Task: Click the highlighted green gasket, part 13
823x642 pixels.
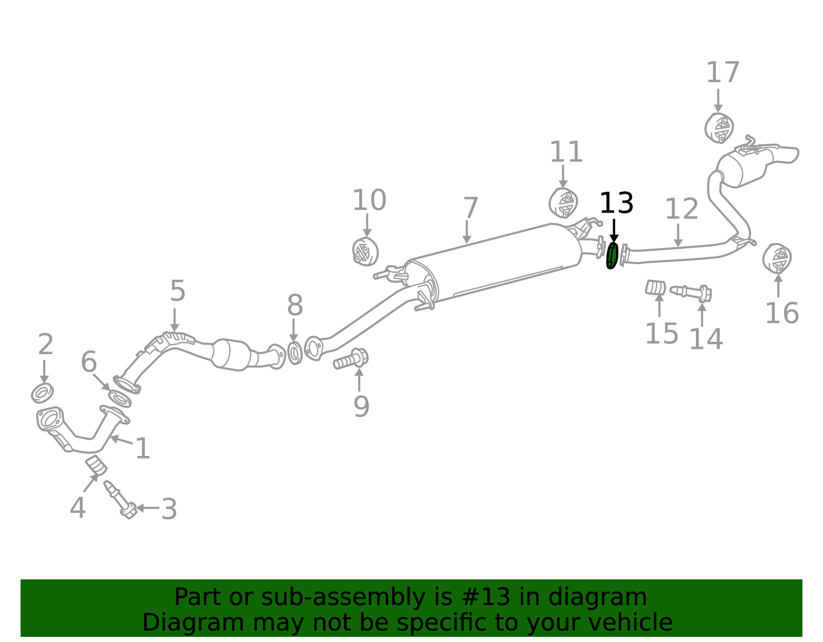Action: pyautogui.click(x=613, y=256)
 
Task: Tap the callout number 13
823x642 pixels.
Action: pyautogui.click(x=616, y=204)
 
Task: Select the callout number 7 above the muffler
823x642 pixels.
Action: pyautogui.click(x=470, y=208)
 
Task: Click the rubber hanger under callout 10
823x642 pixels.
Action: pyautogui.click(x=365, y=251)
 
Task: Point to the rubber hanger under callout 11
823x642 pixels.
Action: pyautogui.click(x=563, y=203)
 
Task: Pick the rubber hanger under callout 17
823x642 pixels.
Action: pyautogui.click(x=719, y=128)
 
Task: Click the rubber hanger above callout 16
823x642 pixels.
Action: pyautogui.click(x=777, y=259)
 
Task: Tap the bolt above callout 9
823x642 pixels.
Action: pyautogui.click(x=351, y=359)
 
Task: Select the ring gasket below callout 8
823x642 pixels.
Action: pyautogui.click(x=295, y=353)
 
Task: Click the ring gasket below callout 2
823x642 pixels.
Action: pyautogui.click(x=42, y=393)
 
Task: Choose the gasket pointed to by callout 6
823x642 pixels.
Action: pyautogui.click(x=120, y=399)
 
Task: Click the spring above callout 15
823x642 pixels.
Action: pyautogui.click(x=656, y=288)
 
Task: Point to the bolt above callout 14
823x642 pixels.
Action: pyautogui.click(x=691, y=293)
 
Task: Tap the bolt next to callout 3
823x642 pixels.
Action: pyautogui.click(x=120, y=500)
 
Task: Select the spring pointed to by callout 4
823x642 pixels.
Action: pyautogui.click(x=96, y=466)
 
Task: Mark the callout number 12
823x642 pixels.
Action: pyautogui.click(x=682, y=209)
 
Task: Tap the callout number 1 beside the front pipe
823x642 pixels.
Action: pyautogui.click(x=143, y=448)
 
